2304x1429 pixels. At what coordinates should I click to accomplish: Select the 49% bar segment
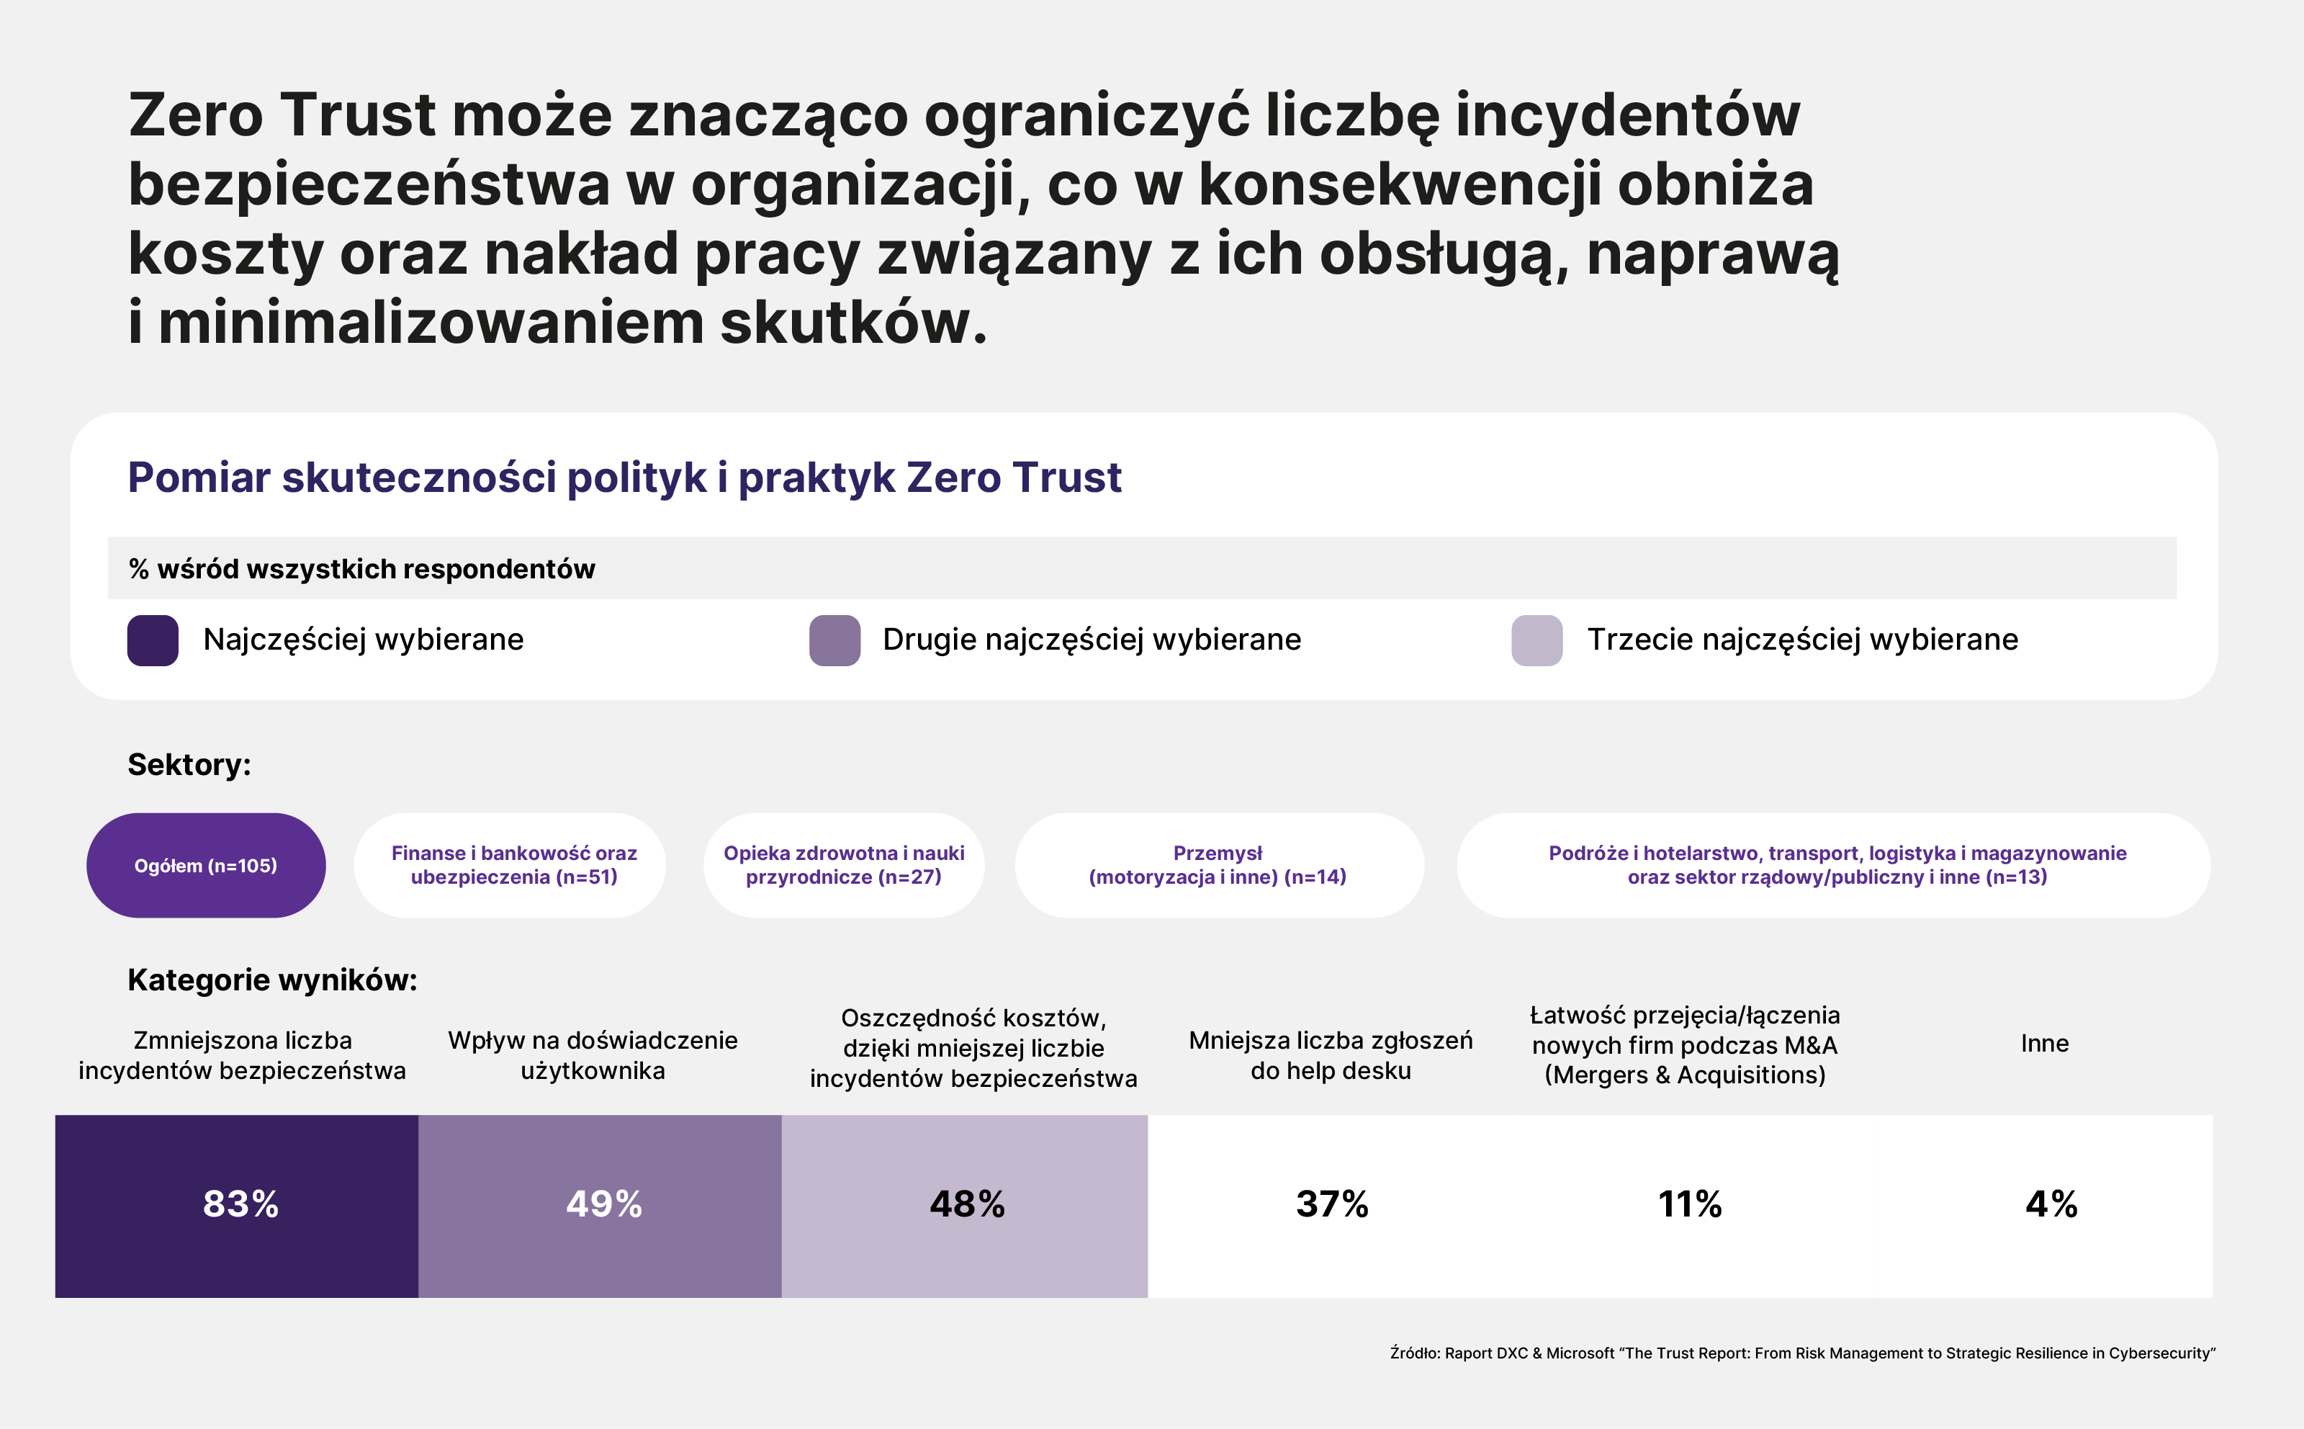[603, 1204]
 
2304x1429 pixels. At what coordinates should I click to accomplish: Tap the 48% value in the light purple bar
[966, 1204]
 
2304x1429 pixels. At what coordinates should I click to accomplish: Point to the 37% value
[1331, 1204]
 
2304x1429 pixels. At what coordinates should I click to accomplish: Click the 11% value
[1689, 1204]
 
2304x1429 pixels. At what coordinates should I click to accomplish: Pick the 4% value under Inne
[2051, 1204]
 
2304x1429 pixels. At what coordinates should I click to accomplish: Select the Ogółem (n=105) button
[206, 865]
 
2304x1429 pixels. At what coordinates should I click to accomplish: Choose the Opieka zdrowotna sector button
[844, 865]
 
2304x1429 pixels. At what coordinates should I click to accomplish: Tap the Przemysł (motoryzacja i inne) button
[1218, 865]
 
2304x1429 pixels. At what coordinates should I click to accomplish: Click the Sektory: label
[189, 763]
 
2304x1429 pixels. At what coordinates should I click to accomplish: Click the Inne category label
[2044, 1044]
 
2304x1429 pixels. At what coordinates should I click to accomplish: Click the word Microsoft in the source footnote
[1580, 1353]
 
